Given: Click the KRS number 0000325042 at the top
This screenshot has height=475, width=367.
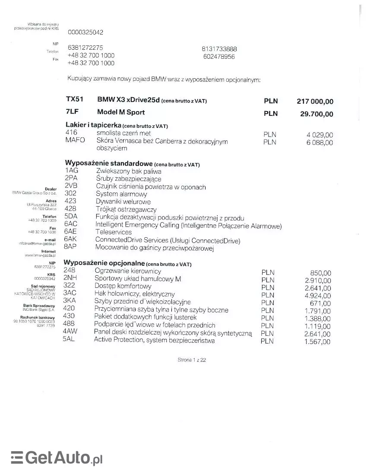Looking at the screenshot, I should (x=85, y=32).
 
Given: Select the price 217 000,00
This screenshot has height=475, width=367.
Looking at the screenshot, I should (x=315, y=102).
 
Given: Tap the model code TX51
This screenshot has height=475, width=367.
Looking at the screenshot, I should (x=74, y=99).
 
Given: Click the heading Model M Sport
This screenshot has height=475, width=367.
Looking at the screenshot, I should (x=121, y=112).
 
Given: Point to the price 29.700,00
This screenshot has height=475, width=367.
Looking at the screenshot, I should (x=316, y=114).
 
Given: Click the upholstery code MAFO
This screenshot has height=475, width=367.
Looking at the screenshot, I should (x=75, y=140).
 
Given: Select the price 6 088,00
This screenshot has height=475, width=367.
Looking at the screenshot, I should (x=320, y=143).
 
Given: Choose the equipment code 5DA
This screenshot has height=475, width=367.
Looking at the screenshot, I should (x=71, y=217).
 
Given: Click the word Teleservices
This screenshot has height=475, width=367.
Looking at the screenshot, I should (x=114, y=232).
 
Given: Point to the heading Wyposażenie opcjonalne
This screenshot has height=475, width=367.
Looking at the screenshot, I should (x=104, y=263).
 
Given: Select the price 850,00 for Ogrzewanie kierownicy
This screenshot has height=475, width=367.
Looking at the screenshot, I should (x=320, y=273).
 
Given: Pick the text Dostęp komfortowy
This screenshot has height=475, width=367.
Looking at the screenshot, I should (x=123, y=286).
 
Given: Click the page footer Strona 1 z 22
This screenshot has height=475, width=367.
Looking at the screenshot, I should (x=192, y=360).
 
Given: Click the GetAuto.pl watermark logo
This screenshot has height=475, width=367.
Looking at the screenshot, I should (x=57, y=457).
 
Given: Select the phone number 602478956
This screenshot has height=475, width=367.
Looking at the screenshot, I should (x=219, y=57).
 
